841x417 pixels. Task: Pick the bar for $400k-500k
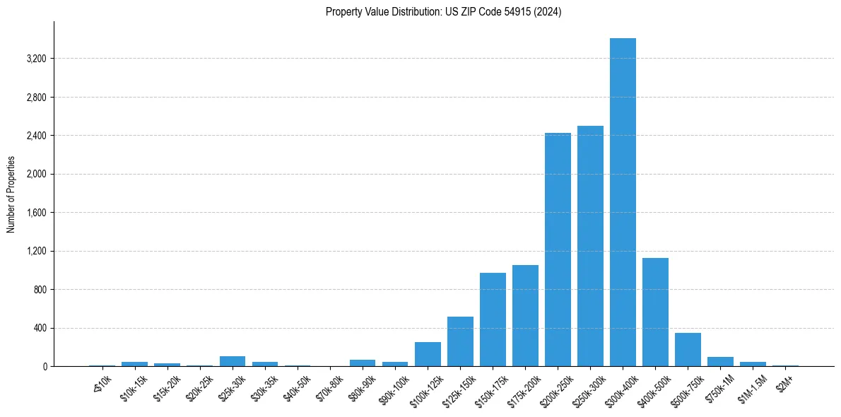(655, 312)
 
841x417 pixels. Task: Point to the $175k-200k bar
(525, 315)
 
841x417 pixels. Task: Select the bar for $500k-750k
(688, 349)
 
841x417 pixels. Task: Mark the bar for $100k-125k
(428, 354)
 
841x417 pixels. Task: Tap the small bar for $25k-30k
(233, 361)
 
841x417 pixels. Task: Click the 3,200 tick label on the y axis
(36, 59)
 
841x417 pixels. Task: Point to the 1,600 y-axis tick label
(36, 213)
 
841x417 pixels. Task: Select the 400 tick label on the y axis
(40, 328)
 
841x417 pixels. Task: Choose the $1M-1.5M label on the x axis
(751, 388)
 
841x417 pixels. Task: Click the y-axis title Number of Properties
(11, 194)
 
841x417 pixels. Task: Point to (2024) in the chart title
(548, 12)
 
